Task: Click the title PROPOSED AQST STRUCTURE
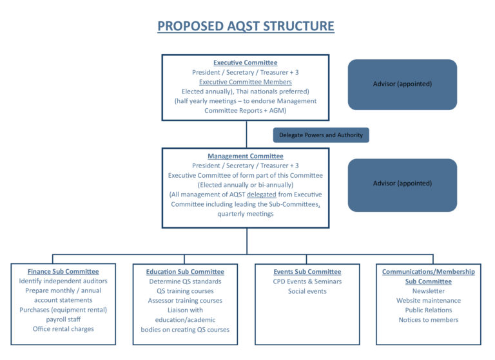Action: (246, 26)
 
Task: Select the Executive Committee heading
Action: (246, 62)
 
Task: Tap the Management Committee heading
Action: (246, 156)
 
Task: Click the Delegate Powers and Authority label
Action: (321, 135)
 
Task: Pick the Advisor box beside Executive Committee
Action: (402, 84)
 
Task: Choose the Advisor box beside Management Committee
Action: (402, 185)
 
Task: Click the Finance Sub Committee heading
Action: (63, 271)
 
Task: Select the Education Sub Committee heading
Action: (185, 272)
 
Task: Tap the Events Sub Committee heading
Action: (307, 272)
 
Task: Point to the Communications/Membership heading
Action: (429, 272)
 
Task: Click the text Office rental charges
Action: (63, 328)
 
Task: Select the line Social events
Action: (307, 291)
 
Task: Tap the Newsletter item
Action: (429, 291)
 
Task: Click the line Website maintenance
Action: (429, 300)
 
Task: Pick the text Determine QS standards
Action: (185, 281)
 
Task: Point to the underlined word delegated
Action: (262, 194)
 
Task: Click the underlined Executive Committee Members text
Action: (246, 82)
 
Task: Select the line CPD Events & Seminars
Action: (307, 281)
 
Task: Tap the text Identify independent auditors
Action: (63, 281)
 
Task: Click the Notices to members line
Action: (429, 319)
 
